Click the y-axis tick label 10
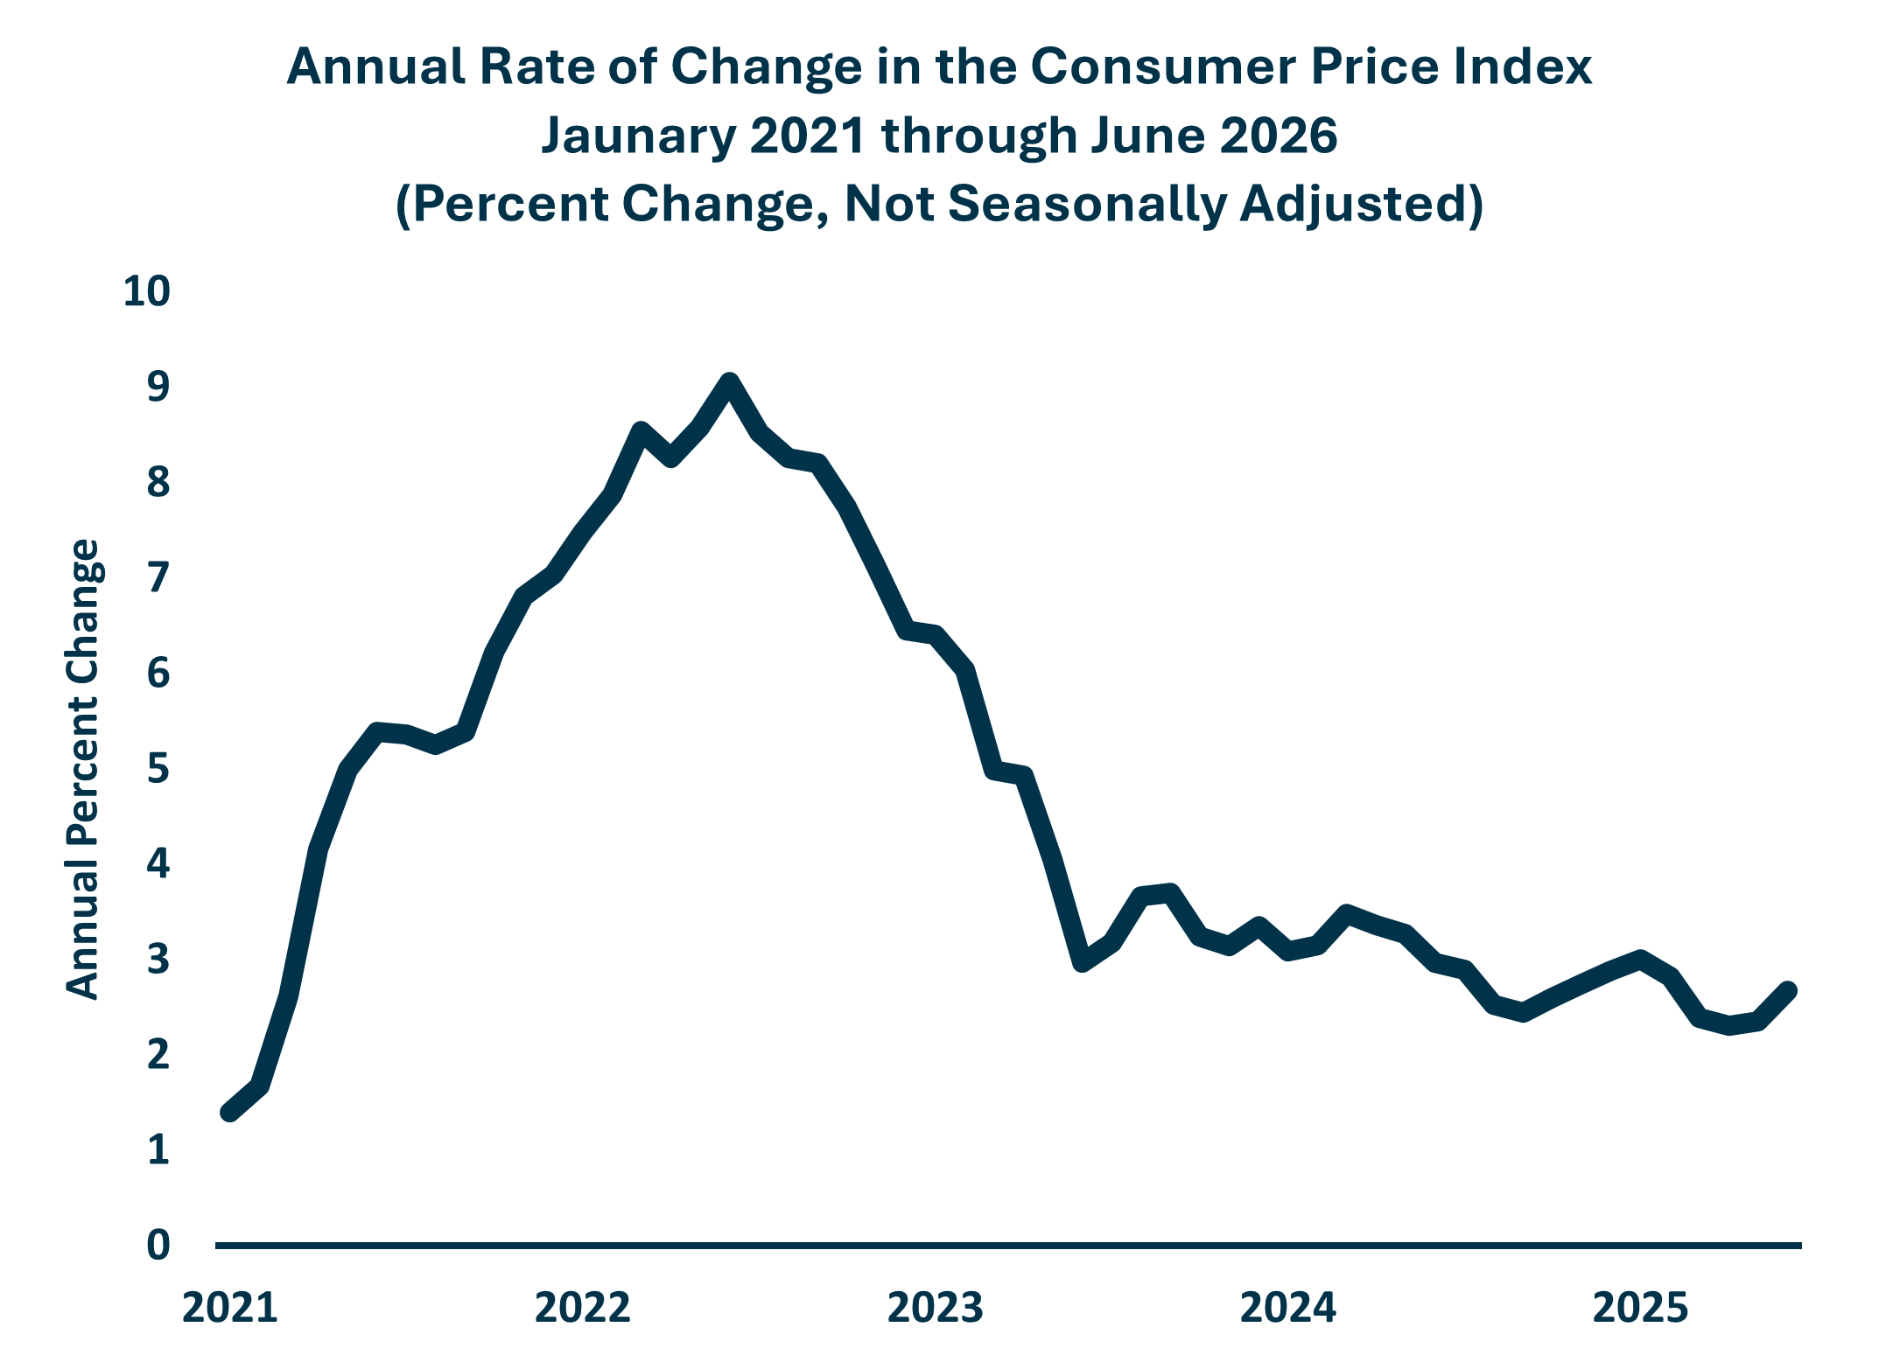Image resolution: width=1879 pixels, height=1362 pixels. tap(146, 291)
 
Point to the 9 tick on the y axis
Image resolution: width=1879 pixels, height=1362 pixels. tap(158, 387)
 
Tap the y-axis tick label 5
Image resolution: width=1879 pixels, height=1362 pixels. tap(158, 770)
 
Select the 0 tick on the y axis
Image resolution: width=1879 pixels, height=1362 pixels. tap(158, 1244)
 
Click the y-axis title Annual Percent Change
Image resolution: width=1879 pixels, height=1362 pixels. tap(84, 770)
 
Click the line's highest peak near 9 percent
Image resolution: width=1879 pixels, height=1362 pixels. tap(729, 382)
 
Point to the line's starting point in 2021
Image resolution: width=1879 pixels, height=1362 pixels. tap(229, 1113)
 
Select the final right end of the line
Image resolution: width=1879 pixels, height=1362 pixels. tap(1789, 990)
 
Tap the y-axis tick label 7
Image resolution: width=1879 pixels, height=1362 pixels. tap(158, 578)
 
